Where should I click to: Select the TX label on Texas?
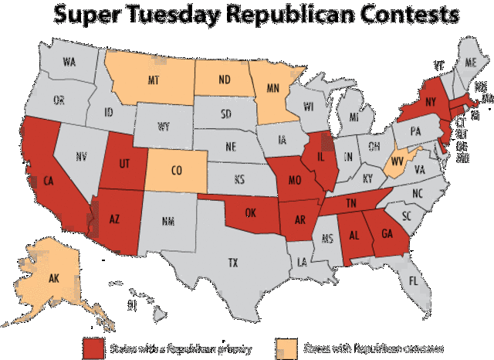coord(232,263)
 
